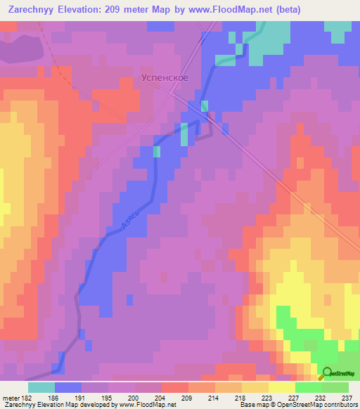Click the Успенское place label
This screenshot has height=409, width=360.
click(x=164, y=77)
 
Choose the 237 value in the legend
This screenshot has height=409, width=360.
click(x=347, y=397)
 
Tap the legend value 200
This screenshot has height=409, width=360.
click(x=135, y=397)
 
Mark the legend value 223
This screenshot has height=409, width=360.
click(x=268, y=397)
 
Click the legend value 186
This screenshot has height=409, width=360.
click(x=55, y=397)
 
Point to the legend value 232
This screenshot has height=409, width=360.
click(x=321, y=397)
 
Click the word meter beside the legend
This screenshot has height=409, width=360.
click(x=11, y=397)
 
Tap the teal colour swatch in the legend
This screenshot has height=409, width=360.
click(x=41, y=387)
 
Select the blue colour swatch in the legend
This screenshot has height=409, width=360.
click(x=68, y=387)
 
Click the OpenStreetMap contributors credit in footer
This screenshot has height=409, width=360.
click(x=319, y=405)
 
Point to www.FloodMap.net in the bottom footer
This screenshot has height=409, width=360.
click(x=146, y=405)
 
